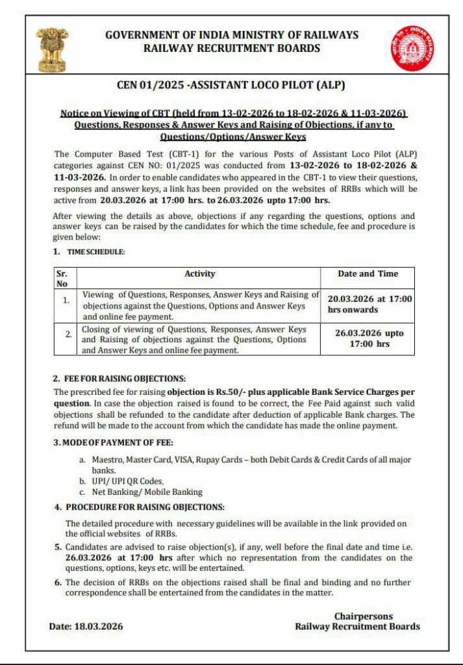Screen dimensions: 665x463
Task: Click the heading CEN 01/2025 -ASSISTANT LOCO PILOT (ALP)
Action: pyautogui.click(x=231, y=84)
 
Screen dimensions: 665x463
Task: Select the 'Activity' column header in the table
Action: pyautogui.click(x=199, y=274)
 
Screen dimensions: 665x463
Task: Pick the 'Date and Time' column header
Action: pyautogui.click(x=368, y=274)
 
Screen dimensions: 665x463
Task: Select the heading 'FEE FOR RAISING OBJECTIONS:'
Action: pyautogui.click(x=124, y=378)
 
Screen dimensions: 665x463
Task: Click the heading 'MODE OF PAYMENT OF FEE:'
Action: pyautogui.click(x=117, y=443)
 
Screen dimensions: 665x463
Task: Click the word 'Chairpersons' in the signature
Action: pyautogui.click(x=363, y=616)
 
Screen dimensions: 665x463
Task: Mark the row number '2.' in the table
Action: pyautogui.click(x=68, y=334)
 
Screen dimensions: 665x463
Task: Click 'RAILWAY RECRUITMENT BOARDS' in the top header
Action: pyautogui.click(x=231, y=48)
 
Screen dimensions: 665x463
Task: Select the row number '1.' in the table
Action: pyautogui.click(x=66, y=301)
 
